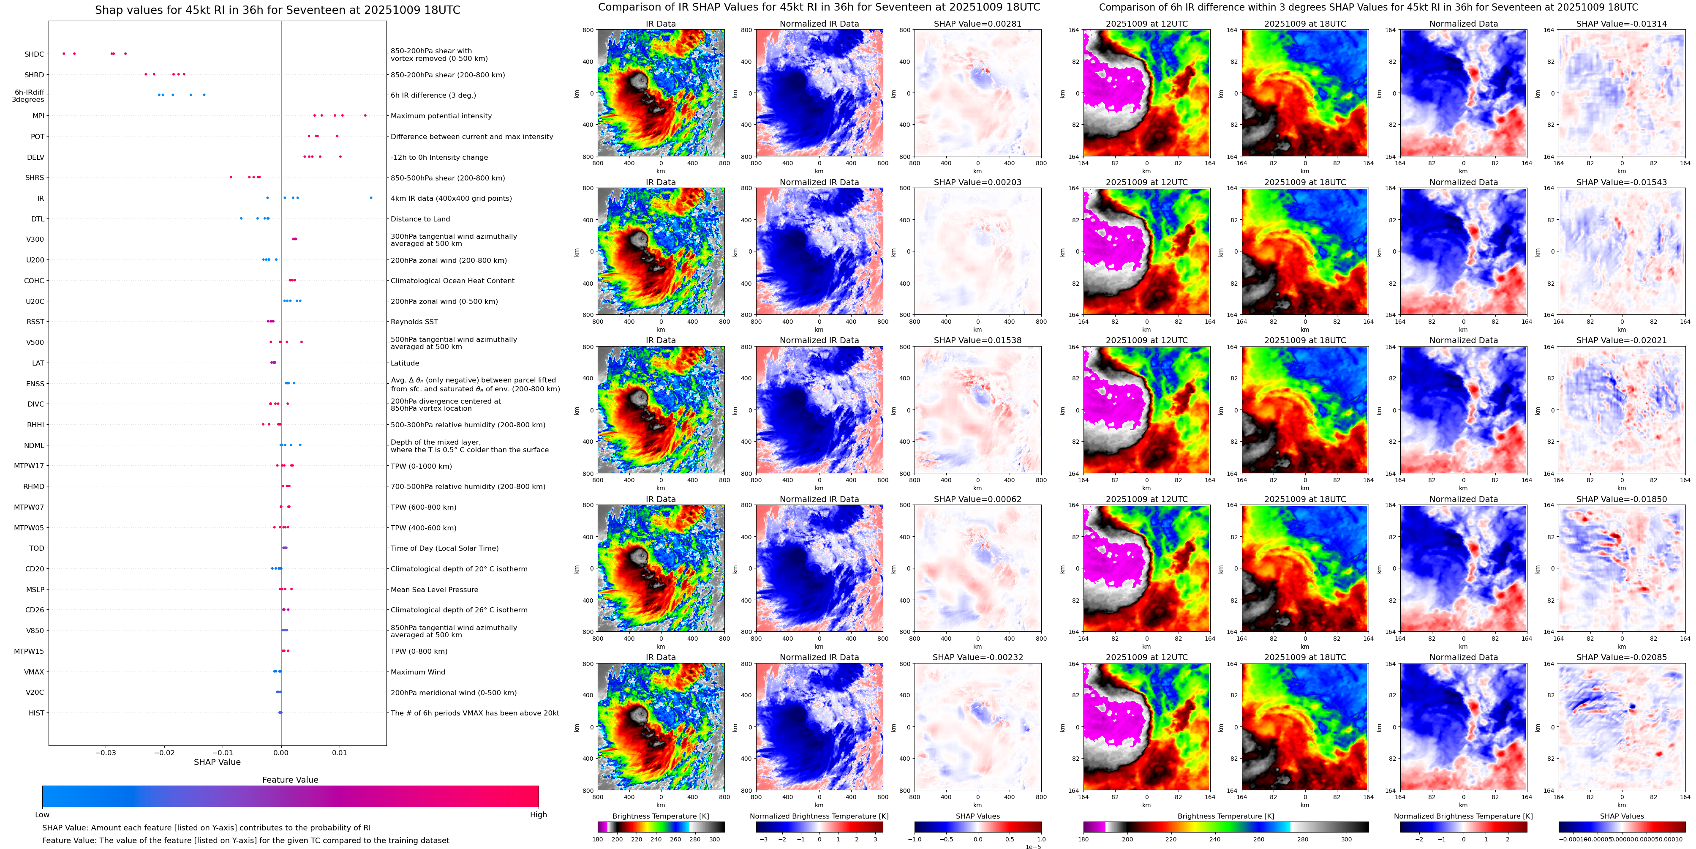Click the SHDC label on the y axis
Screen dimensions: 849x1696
pyautogui.click(x=34, y=55)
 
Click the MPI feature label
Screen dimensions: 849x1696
pyautogui.click(x=38, y=116)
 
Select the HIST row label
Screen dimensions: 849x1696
pyautogui.click(x=36, y=713)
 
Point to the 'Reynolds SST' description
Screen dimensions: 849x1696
pyautogui.click(x=414, y=322)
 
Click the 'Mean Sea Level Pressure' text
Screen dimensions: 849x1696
pyautogui.click(x=434, y=590)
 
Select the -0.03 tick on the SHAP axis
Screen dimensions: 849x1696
pyautogui.click(x=105, y=752)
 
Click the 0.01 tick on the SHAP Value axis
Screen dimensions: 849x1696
pyautogui.click(x=339, y=752)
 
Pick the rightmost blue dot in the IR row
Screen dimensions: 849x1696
pyautogui.click(x=371, y=198)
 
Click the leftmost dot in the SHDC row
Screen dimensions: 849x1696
pyautogui.click(x=64, y=53)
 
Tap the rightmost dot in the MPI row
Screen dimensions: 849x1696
pyautogui.click(x=365, y=115)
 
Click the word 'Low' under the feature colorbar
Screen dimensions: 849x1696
pyautogui.click(x=42, y=815)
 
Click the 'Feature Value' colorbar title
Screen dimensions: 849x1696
pyautogui.click(x=290, y=780)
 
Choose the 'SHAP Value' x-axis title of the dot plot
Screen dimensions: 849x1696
pyautogui.click(x=217, y=762)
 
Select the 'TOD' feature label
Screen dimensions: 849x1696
pyautogui.click(x=36, y=548)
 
